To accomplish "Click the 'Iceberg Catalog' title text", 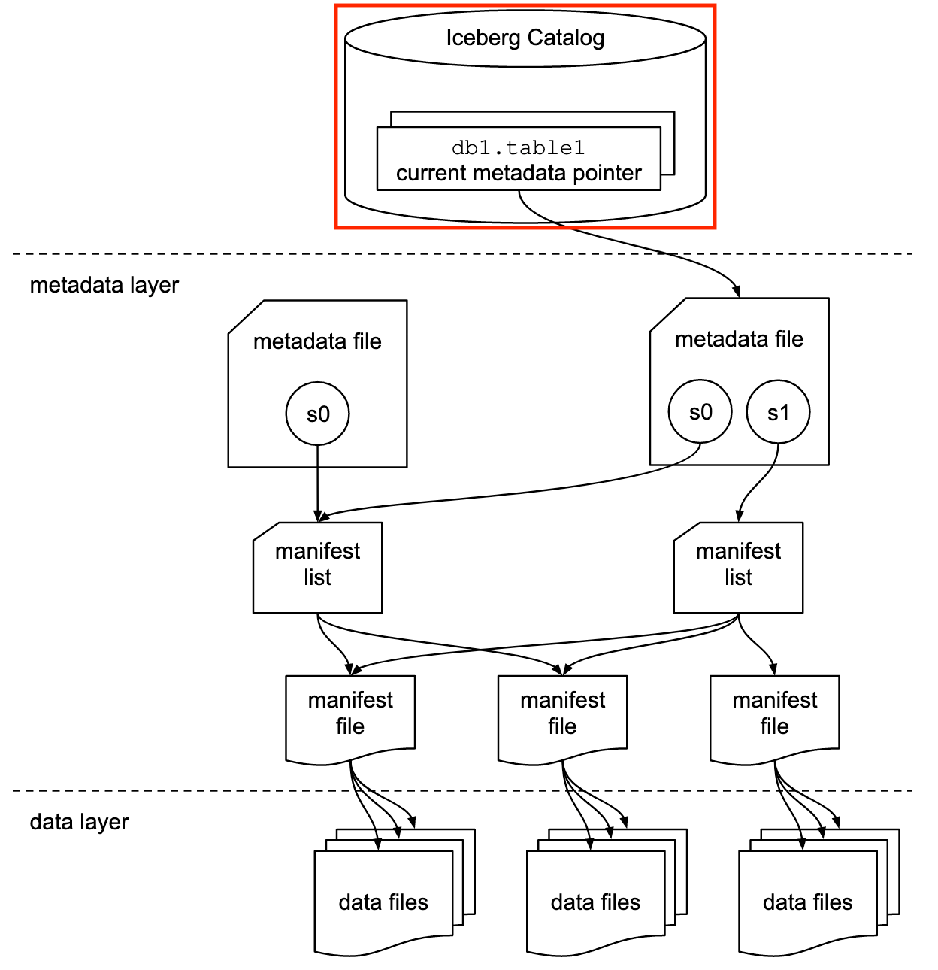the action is coord(525,38).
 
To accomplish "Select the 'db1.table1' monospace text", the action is coord(518,147).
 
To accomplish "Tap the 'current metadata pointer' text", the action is coord(519,173).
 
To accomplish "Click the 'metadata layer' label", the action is coord(104,286).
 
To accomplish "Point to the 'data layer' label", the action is coord(79,822).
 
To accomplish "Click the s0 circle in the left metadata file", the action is coord(317,414).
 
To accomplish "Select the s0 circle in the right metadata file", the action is coord(700,412).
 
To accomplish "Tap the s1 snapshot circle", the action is coord(778,412).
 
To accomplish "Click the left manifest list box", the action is coord(317,568).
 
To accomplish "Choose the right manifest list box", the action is coord(738,568).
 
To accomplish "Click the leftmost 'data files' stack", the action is coord(395,893).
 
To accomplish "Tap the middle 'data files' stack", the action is coord(607,893).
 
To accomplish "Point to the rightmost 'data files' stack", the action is coord(819,893).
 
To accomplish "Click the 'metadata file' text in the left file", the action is coord(317,341).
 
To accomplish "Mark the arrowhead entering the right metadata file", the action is coord(737,292).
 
